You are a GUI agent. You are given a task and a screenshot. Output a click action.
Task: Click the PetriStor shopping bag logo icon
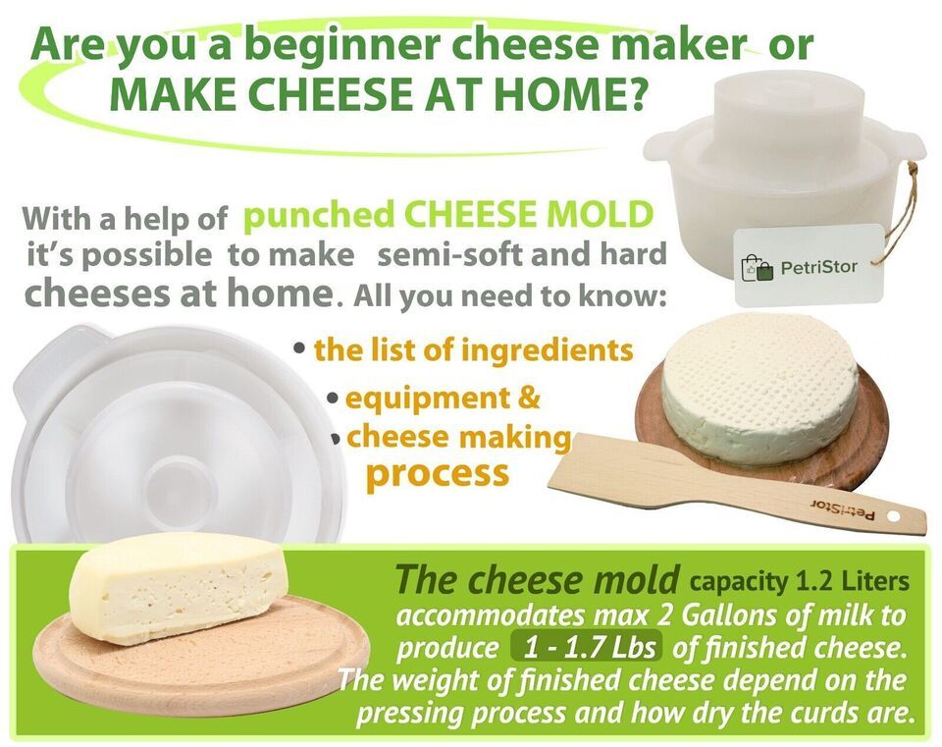[757, 267]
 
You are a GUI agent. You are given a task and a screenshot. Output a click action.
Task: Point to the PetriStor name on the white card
[818, 266]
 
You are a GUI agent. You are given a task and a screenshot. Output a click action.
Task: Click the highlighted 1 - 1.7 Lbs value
[585, 648]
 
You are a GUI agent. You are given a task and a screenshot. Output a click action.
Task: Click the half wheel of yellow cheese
[179, 588]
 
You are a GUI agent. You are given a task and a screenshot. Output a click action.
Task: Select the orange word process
[438, 474]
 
